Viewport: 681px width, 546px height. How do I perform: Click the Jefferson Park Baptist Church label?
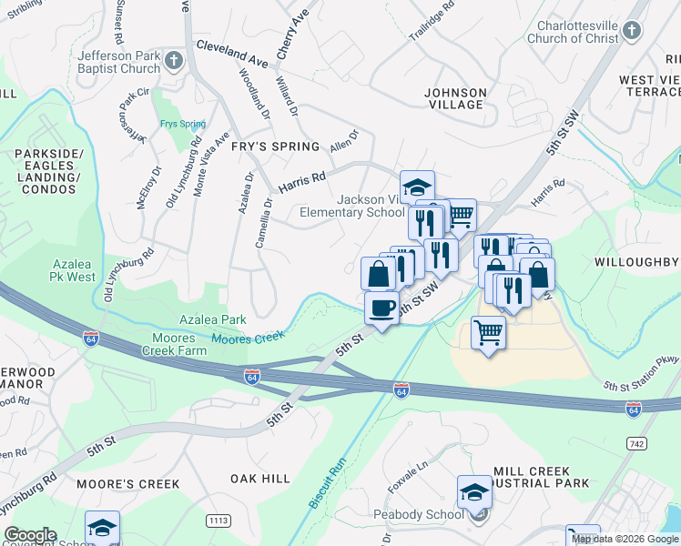(x=118, y=62)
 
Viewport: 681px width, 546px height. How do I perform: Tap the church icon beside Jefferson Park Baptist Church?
(x=175, y=62)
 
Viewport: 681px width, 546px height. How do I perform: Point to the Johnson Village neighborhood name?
(x=456, y=98)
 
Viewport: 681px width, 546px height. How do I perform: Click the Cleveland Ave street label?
(x=232, y=54)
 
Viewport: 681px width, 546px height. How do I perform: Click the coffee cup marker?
(x=382, y=308)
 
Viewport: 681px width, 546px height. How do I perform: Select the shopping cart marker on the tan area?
(x=489, y=333)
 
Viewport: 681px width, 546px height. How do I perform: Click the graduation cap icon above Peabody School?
(x=474, y=492)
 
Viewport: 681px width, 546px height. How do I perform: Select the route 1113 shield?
(x=219, y=520)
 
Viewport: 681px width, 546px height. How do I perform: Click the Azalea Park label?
(x=212, y=320)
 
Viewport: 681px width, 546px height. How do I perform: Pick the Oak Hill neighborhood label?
(x=259, y=478)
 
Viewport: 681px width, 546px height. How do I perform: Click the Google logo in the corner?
(x=30, y=535)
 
